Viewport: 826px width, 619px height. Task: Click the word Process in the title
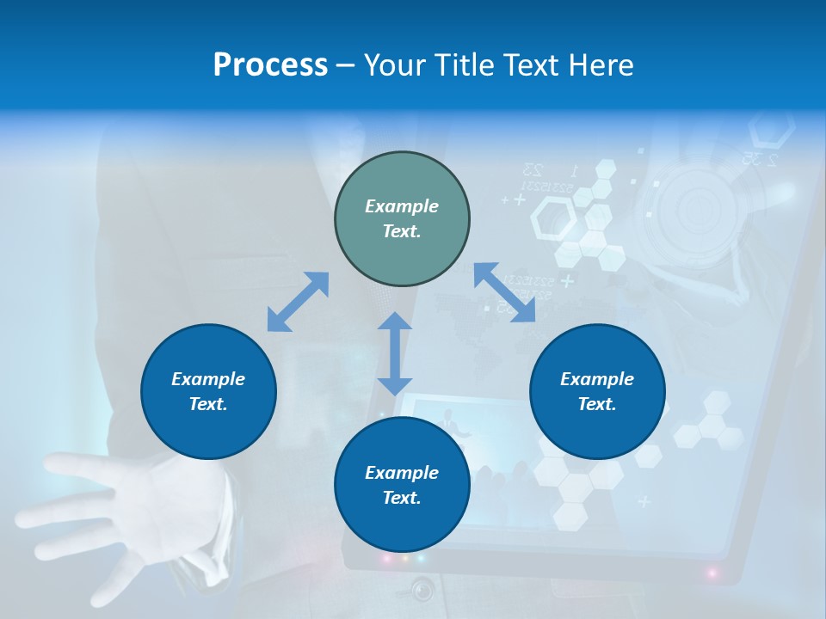pos(270,65)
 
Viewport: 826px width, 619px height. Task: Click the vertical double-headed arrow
pos(395,353)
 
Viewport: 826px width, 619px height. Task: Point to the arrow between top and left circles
pos(298,302)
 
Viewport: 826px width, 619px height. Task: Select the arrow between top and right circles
pos(505,292)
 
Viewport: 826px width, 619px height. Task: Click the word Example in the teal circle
pos(402,206)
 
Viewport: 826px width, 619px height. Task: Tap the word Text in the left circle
pos(208,404)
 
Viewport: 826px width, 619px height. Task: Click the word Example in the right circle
pos(597,379)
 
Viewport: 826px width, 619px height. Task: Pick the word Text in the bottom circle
pos(402,498)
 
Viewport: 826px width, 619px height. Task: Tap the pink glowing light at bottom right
pos(712,572)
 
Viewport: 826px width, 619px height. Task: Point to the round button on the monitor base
pos(422,590)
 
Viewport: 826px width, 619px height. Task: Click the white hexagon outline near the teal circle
pos(553,218)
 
